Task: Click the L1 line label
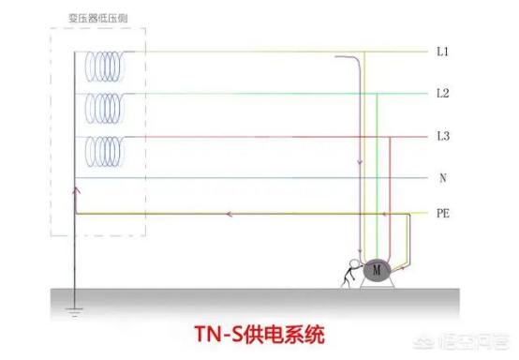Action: (x=442, y=52)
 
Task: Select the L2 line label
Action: (x=443, y=94)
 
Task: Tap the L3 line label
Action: (x=443, y=136)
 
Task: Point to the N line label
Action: (x=443, y=178)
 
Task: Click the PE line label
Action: (x=443, y=214)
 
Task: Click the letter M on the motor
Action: (x=377, y=270)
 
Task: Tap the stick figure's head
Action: (x=354, y=264)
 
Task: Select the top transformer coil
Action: (x=105, y=67)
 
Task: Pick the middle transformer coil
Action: (x=105, y=109)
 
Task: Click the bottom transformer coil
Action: (x=105, y=152)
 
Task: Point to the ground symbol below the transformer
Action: (x=74, y=312)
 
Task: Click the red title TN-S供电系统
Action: (x=259, y=335)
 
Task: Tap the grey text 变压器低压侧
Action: (x=98, y=18)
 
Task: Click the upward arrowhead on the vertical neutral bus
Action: (x=77, y=190)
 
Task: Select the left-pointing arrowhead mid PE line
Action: (x=229, y=215)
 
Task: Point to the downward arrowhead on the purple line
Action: (x=360, y=162)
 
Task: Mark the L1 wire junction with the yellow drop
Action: (x=364, y=52)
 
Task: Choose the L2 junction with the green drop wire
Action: (x=377, y=94)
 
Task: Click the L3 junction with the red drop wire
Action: (x=390, y=137)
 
